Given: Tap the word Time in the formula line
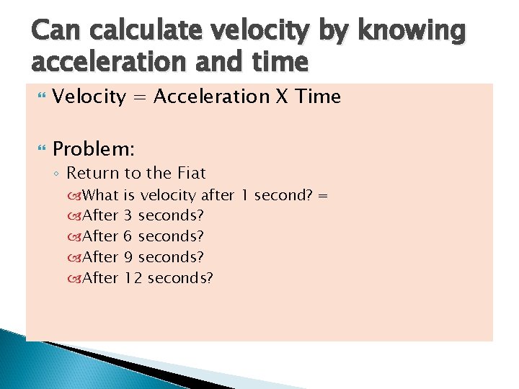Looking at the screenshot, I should pos(316,97).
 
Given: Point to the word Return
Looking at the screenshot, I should pos(94,173).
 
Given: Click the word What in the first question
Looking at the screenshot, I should pos(101,194).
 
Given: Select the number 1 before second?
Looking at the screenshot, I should pos(244,194).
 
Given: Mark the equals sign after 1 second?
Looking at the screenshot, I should pos(323,195).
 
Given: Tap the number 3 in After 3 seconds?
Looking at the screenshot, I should pos(128,215).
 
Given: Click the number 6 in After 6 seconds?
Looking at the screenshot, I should pos(128,236).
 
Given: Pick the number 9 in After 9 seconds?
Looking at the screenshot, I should pos(128,257).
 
